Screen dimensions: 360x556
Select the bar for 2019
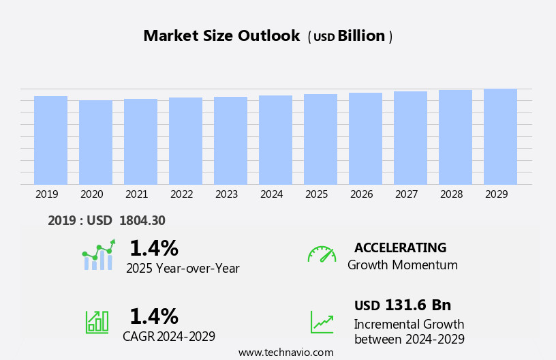click(x=50, y=140)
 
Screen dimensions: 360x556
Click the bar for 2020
click(x=95, y=142)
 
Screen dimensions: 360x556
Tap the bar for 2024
click(x=275, y=140)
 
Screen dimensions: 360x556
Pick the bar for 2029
click(x=500, y=136)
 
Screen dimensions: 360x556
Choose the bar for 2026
click(x=365, y=138)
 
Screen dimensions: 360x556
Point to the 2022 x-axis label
click(x=182, y=194)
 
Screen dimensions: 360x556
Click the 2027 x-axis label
click(x=407, y=194)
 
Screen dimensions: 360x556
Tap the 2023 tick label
click(x=227, y=194)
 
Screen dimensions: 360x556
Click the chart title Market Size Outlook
click(x=221, y=36)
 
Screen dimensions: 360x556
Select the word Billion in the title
click(x=361, y=36)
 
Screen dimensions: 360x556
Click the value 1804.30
click(x=142, y=220)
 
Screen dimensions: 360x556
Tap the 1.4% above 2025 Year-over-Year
click(x=153, y=248)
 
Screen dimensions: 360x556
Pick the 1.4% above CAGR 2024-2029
click(x=153, y=316)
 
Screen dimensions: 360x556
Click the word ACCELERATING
click(x=400, y=248)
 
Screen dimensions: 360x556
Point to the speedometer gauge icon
click(x=322, y=254)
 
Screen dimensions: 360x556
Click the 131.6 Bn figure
click(x=418, y=305)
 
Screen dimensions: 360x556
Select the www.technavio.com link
click(x=285, y=352)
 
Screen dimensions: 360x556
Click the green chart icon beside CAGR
click(x=97, y=322)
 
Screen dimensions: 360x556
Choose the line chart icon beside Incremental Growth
click(x=322, y=322)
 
